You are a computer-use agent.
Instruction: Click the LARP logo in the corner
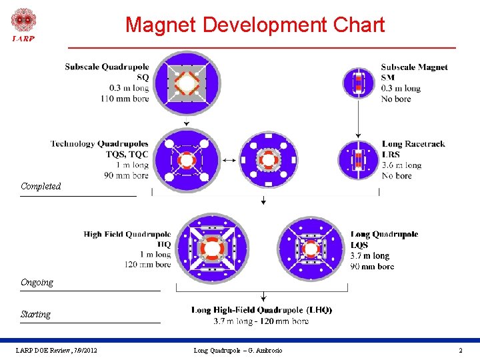pos(23,25)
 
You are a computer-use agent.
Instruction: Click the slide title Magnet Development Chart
pos(255,25)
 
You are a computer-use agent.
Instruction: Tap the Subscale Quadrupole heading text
pos(107,67)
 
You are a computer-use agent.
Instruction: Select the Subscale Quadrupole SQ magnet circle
pos(187,84)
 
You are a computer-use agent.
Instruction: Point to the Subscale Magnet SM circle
pos(359,83)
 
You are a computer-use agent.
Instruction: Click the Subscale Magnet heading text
pos(414,67)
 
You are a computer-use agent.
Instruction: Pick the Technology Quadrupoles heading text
pos(99,143)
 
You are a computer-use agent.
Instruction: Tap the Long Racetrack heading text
pos(413,143)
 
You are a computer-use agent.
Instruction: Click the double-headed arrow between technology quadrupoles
pos(229,161)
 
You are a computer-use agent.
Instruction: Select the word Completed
pos(41,187)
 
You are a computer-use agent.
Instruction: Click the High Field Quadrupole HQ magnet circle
pos(211,248)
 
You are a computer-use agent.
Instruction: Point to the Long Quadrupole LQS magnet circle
pos(311,249)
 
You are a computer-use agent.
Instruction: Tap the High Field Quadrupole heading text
pos(127,234)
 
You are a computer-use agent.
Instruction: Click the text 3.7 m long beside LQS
pos(370,256)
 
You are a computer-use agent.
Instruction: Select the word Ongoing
pos(37,283)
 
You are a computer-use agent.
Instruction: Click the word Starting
pos(35,314)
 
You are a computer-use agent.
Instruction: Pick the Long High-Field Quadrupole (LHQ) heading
pos(261,310)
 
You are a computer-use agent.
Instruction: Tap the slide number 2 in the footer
pos(460,351)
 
